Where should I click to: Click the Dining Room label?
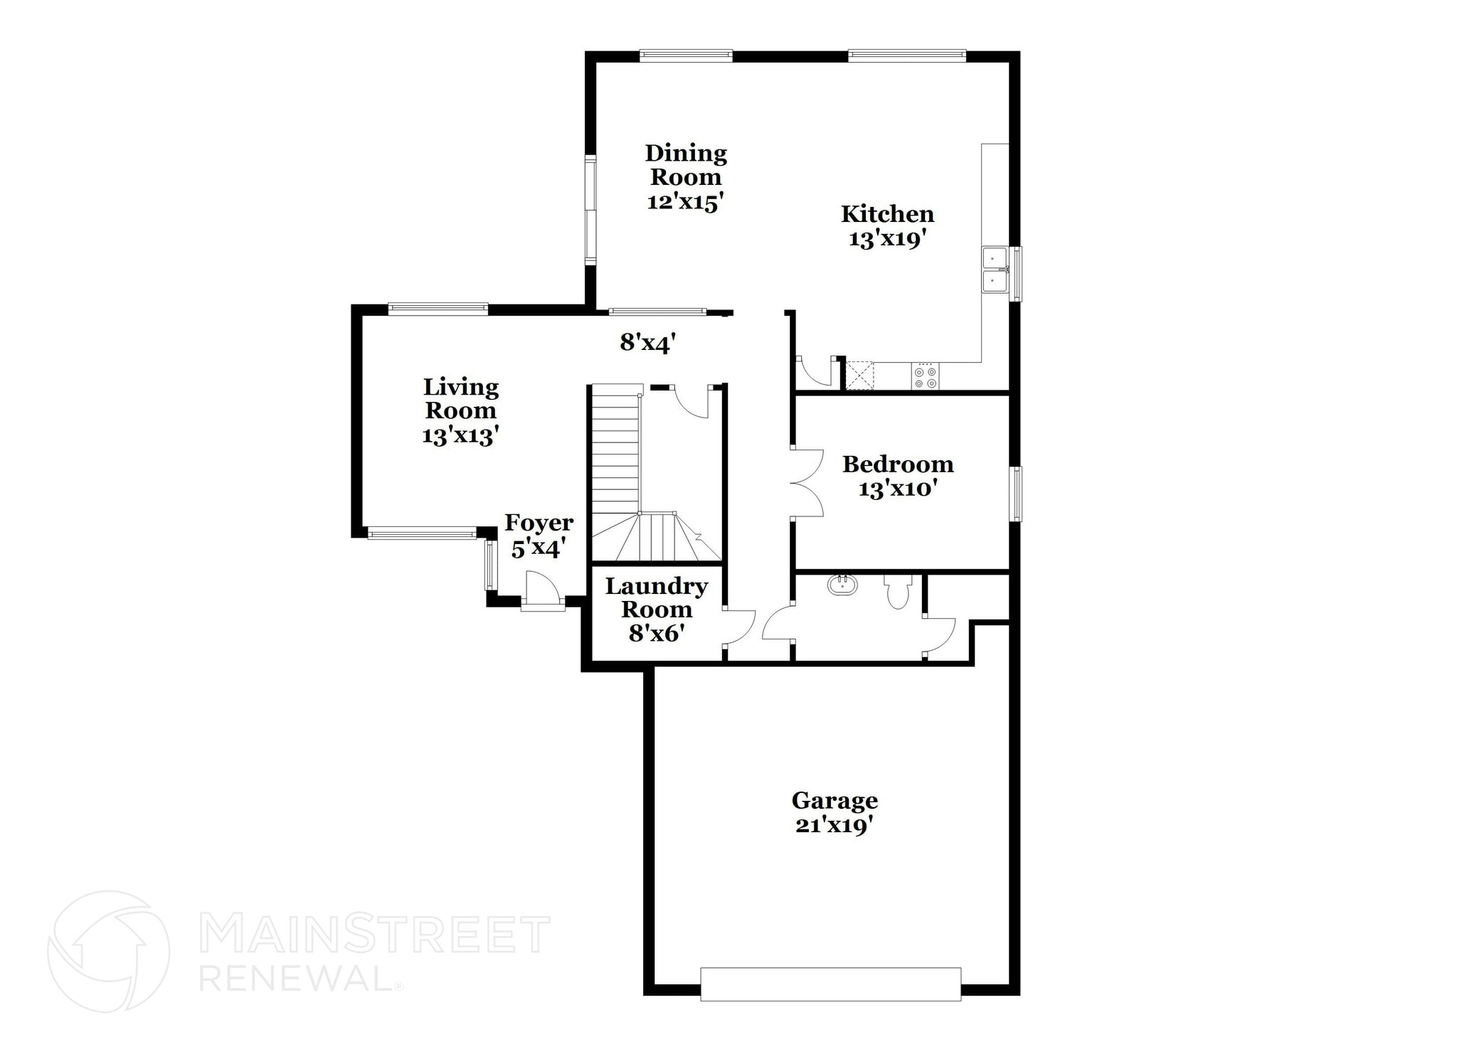point(686,165)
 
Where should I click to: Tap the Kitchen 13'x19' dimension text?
point(886,239)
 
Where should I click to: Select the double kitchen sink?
point(994,270)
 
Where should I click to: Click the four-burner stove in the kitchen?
point(925,376)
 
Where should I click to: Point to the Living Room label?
point(461,398)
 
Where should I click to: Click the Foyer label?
point(539,523)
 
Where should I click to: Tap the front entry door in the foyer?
point(542,590)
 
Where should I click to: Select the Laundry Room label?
point(656,597)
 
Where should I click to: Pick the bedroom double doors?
point(807,483)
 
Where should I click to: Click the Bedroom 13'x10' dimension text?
point(897,489)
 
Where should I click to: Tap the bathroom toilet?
point(899,592)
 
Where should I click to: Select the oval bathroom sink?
point(842,585)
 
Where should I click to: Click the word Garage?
point(835,801)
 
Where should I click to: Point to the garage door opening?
point(830,984)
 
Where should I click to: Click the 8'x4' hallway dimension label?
point(647,344)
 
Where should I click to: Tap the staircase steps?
point(616,455)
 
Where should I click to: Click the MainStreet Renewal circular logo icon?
point(108,952)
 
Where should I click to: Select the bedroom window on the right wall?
point(1017,494)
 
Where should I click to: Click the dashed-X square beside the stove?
point(859,376)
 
